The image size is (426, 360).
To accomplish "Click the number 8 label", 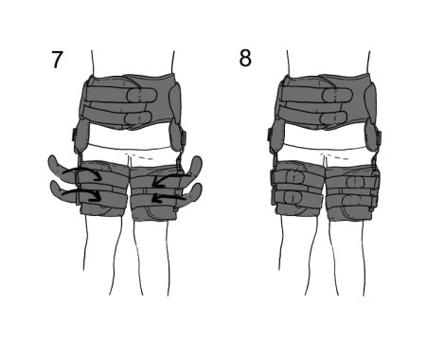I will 245,59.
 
